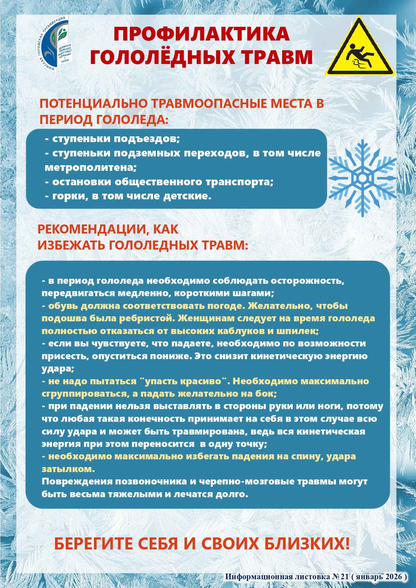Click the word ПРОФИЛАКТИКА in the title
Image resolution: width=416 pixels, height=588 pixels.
pos(201,35)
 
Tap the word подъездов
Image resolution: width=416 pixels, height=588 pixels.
pos(149,138)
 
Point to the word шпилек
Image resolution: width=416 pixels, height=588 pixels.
pos(301,331)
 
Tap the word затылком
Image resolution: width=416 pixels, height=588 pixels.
pos(68,469)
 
